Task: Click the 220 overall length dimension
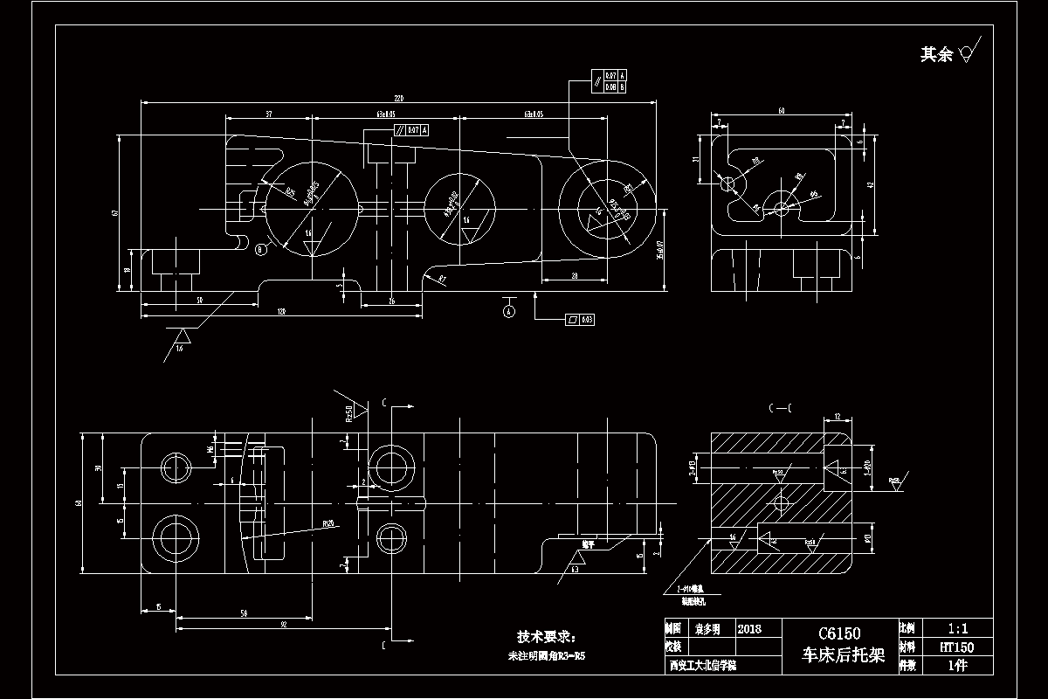(x=399, y=96)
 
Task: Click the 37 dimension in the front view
(x=268, y=114)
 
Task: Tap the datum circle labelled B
(x=260, y=251)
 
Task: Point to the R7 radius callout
(x=442, y=279)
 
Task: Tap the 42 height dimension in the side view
(x=882, y=185)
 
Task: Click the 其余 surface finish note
(x=936, y=55)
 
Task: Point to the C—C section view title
(x=779, y=408)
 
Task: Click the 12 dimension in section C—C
(x=837, y=416)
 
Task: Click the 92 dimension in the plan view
(x=284, y=625)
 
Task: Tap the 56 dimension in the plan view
(x=244, y=613)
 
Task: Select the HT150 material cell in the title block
(x=956, y=647)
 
